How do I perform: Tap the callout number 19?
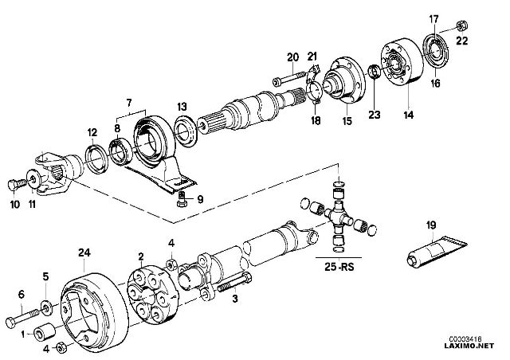tap(431, 226)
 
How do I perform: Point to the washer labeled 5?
tap(46, 305)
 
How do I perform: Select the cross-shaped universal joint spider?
tap(340, 217)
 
